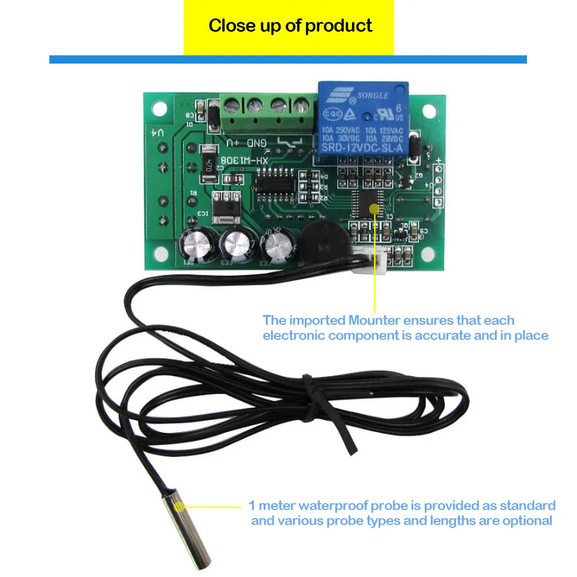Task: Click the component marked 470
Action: [209, 164]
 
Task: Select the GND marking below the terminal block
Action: [256, 143]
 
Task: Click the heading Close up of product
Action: [290, 26]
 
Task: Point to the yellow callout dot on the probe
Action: [181, 507]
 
